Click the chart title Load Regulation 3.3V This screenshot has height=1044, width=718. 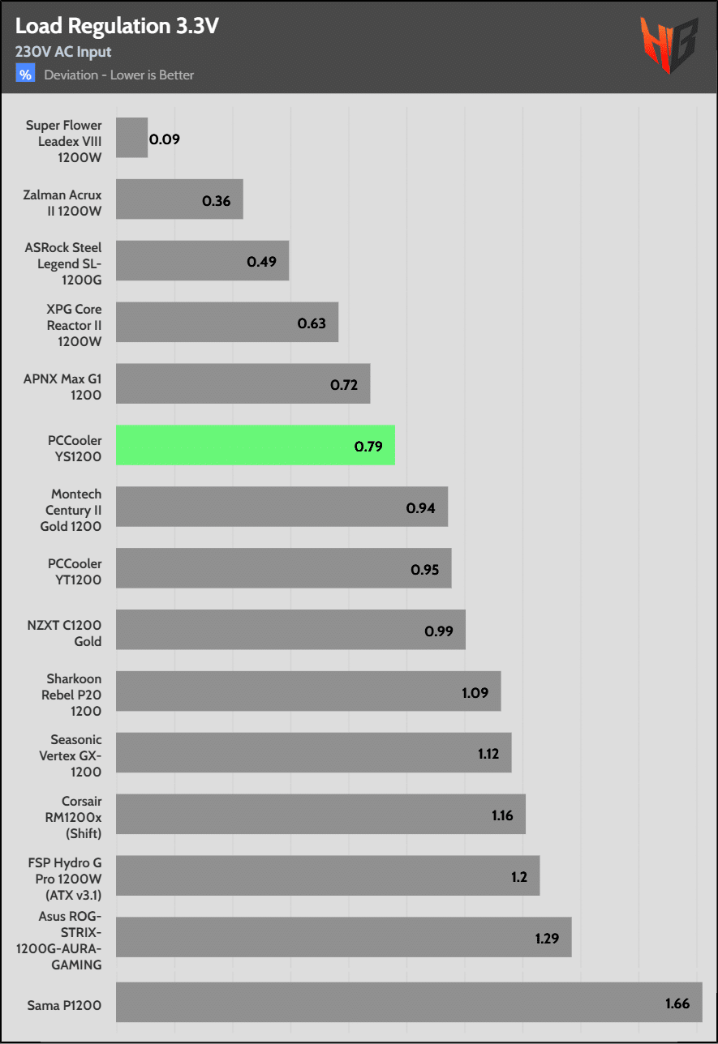(117, 27)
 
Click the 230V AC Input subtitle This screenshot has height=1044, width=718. (63, 52)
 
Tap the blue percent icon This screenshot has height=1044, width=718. (26, 75)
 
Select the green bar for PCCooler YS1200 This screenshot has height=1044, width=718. (255, 445)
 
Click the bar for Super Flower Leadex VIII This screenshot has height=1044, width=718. (131, 138)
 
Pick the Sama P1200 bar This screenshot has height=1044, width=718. (407, 1003)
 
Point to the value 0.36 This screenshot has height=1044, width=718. (217, 200)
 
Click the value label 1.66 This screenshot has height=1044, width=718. (677, 1003)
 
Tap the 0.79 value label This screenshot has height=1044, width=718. (368, 446)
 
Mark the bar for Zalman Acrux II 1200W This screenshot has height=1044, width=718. (179, 199)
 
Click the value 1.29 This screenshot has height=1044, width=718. (548, 939)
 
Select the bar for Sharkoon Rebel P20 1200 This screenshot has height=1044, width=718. (308, 691)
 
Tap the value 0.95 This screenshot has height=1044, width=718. (425, 569)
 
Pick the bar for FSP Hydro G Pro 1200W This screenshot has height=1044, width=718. (328, 875)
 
